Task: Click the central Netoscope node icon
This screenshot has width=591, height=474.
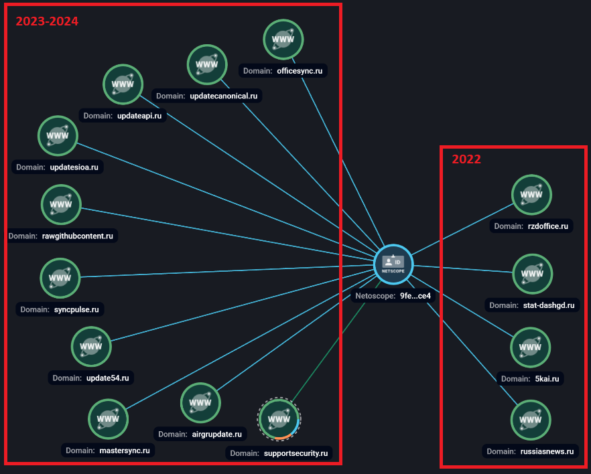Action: coord(393,264)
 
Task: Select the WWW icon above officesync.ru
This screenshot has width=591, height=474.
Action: coord(283,40)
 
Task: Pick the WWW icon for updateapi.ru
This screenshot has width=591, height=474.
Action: coord(123,84)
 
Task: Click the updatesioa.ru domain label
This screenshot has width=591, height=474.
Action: coord(58,167)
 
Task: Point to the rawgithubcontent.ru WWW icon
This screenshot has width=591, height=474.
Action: coord(61,205)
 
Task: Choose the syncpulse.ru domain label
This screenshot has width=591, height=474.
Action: coord(60,309)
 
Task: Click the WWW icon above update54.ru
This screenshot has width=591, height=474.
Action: coord(91,347)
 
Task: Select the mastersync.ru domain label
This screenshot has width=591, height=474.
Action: coord(108,451)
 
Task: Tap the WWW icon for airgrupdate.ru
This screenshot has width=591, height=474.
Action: coord(200,403)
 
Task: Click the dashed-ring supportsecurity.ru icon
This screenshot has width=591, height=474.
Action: coord(279,420)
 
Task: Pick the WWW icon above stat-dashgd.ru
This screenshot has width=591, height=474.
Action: coord(532,274)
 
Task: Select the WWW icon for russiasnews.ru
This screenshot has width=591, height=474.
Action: coord(531,420)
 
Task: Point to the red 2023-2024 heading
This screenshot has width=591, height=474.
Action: coord(47,21)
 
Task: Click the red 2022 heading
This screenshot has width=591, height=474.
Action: coord(466,159)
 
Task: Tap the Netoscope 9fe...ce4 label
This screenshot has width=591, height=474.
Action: coord(393,296)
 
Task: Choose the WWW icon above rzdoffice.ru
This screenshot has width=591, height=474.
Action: coord(531,195)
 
